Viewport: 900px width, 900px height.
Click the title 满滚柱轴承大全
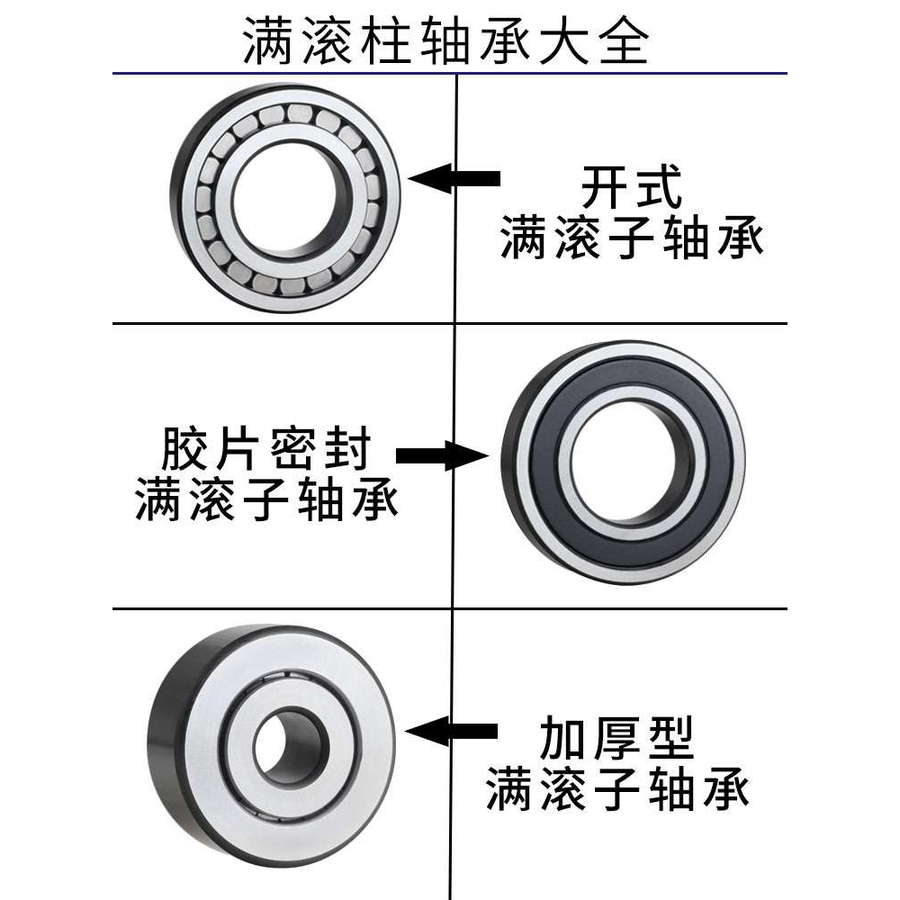[x=447, y=42]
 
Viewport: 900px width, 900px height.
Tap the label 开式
[x=631, y=188]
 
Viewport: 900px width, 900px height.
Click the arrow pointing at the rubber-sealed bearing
[x=440, y=456]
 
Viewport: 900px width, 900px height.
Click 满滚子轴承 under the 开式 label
[x=631, y=239]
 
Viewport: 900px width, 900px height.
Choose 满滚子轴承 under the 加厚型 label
[x=617, y=789]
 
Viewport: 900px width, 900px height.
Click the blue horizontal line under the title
[x=270, y=73]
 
